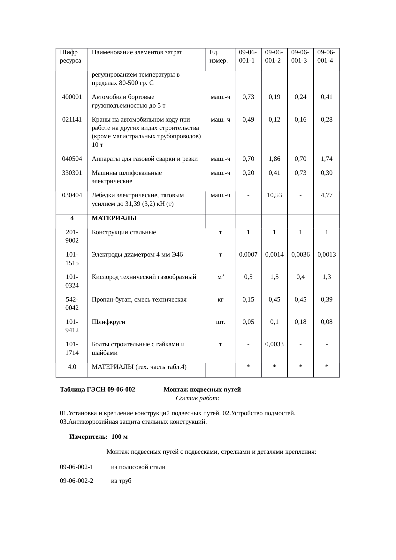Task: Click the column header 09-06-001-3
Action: tap(300, 56)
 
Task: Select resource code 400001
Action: tap(72, 97)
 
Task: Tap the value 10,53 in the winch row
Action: tap(274, 195)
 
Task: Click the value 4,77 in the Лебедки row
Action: tap(326, 195)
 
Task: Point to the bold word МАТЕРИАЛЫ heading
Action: tap(114, 218)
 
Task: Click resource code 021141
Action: tap(72, 120)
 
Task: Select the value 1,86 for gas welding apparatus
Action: tap(274, 159)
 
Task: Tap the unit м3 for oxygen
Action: tap(220, 277)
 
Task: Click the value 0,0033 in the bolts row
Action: tap(274, 344)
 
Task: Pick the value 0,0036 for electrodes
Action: tap(300, 255)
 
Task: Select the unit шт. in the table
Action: tap(220, 322)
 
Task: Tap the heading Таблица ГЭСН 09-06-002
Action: tap(97, 390)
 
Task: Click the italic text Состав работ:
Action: tap(197, 398)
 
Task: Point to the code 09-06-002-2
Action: tap(77, 481)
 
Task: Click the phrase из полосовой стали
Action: tap(138, 467)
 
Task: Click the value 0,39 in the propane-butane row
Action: tap(326, 300)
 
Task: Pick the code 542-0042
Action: tap(72, 303)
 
